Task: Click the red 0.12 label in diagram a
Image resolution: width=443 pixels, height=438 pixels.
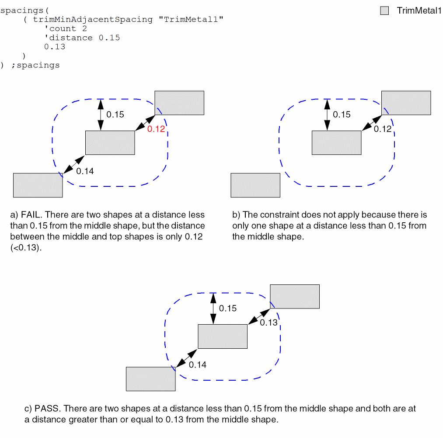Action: click(x=156, y=130)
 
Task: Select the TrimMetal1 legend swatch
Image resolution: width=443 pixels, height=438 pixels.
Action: click(x=384, y=11)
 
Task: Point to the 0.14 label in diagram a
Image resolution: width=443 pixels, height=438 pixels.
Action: click(x=85, y=171)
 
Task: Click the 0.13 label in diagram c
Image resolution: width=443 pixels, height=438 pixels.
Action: click(x=269, y=322)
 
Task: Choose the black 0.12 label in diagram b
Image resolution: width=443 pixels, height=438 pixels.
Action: click(x=383, y=129)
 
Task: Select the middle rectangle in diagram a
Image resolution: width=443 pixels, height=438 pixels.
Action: click(x=110, y=143)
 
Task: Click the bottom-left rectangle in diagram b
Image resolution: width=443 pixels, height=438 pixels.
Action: click(x=255, y=185)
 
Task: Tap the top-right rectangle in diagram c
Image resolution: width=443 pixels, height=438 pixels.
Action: click(x=295, y=296)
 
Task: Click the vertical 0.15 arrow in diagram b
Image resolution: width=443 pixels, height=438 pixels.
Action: click(x=328, y=115)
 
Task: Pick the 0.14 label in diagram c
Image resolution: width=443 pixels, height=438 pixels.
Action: click(x=198, y=364)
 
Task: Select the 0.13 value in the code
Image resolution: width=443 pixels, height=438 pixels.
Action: click(x=55, y=47)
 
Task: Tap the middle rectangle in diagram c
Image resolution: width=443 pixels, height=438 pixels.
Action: click(x=223, y=336)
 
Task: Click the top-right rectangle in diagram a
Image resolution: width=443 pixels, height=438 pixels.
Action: click(x=179, y=103)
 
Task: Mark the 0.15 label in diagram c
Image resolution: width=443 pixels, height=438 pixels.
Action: click(x=228, y=308)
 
